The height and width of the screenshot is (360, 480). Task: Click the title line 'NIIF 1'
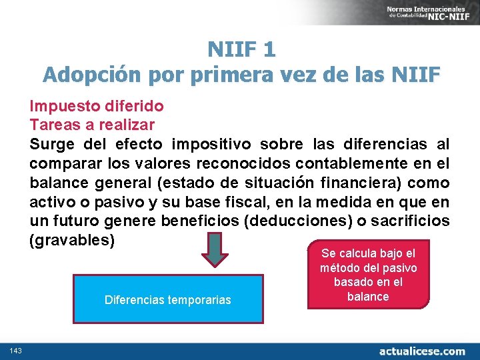tap(241, 50)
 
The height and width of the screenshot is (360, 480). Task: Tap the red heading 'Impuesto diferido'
tap(97, 106)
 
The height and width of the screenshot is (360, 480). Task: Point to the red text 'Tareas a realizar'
tap(92, 125)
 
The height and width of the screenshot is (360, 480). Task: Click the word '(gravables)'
tap(72, 239)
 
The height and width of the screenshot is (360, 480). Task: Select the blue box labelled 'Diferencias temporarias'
tap(168, 299)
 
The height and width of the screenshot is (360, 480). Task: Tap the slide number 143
tap(17, 351)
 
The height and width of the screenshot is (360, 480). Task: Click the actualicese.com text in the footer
tap(422, 351)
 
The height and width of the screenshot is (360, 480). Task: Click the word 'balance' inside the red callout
tap(368, 297)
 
